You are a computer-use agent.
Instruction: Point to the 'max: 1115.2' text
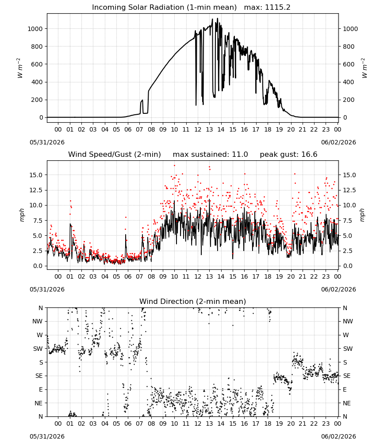(x=267, y=8)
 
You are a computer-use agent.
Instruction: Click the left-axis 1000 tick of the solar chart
(x=35, y=29)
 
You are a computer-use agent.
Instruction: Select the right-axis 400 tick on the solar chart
(x=349, y=82)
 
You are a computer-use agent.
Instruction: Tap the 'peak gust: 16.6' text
(x=288, y=155)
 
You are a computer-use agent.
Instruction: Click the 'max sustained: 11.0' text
(x=211, y=155)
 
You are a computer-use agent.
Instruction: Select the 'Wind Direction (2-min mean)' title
(x=193, y=301)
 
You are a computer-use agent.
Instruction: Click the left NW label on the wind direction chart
(x=38, y=322)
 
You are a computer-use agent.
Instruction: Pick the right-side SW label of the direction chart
(x=348, y=349)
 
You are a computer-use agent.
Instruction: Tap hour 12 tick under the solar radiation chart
(x=198, y=129)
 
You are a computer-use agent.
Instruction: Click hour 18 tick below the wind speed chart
(x=268, y=276)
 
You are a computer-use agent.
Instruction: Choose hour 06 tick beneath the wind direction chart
(x=128, y=424)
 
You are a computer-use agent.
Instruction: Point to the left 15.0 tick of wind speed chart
(x=37, y=175)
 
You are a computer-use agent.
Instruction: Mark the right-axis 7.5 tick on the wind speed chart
(x=348, y=221)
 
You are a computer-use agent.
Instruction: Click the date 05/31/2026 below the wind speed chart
(x=47, y=289)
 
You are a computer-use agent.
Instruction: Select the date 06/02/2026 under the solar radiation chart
(x=338, y=142)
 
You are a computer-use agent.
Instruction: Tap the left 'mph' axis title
(x=22, y=215)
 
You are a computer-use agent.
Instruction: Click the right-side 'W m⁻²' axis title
(x=364, y=68)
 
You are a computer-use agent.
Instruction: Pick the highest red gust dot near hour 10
(x=174, y=166)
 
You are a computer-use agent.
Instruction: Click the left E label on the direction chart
(x=41, y=389)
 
